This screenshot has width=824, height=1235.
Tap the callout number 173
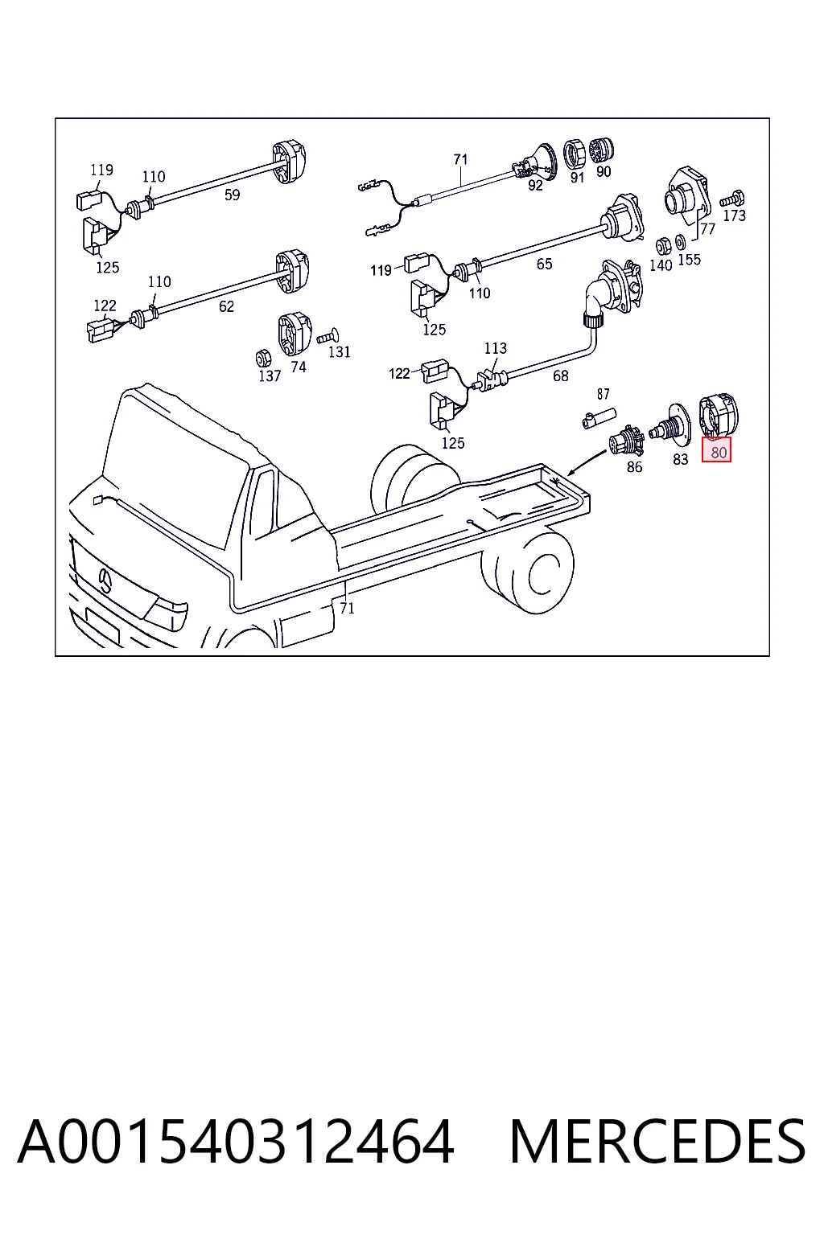(734, 215)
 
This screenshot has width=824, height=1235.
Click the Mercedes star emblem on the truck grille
(106, 581)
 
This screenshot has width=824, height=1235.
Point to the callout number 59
(233, 195)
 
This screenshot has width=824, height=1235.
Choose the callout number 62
(226, 306)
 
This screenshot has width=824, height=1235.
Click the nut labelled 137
(263, 358)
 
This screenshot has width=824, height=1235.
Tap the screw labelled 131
(328, 336)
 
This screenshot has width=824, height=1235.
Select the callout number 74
(298, 367)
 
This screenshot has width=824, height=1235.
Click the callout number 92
(535, 185)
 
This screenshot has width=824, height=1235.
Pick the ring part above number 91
(574, 154)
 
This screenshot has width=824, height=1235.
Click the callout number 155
(689, 259)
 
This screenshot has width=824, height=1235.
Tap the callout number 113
(495, 348)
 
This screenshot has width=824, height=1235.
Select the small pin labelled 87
(599, 417)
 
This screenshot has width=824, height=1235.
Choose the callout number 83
(680, 459)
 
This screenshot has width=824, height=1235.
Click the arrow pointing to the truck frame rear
(587, 462)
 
